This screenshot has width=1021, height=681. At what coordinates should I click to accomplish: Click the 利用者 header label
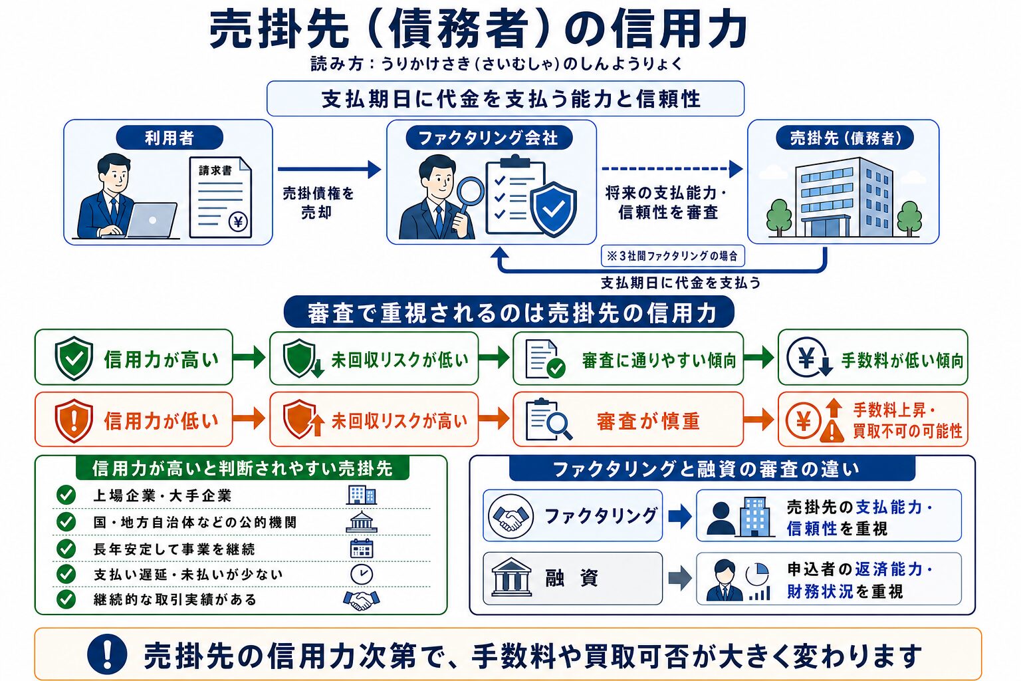170,138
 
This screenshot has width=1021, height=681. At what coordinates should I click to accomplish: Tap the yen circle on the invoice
237,222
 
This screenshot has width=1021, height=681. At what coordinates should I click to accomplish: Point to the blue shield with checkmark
553,209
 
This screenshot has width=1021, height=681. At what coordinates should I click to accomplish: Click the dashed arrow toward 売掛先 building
672,169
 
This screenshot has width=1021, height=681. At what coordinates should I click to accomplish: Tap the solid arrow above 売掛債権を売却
329,169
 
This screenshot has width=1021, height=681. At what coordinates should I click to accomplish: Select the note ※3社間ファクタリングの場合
672,256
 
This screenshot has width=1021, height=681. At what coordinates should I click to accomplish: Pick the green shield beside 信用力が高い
74,358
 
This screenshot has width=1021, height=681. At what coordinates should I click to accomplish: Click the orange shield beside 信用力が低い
74,420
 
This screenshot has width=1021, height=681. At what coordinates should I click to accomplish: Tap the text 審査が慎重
647,420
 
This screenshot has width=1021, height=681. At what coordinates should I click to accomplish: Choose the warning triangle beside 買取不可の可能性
832,432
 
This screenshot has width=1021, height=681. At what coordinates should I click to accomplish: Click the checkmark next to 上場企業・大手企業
66,495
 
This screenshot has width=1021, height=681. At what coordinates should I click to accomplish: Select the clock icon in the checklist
362,575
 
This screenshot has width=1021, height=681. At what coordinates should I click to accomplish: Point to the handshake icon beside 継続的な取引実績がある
362,601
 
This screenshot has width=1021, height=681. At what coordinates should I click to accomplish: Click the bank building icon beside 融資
511,577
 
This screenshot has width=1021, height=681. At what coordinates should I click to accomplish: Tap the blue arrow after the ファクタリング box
680,516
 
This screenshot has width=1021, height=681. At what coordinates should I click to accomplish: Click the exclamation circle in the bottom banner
107,654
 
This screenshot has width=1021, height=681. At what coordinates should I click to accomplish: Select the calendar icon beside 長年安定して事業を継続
362,549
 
